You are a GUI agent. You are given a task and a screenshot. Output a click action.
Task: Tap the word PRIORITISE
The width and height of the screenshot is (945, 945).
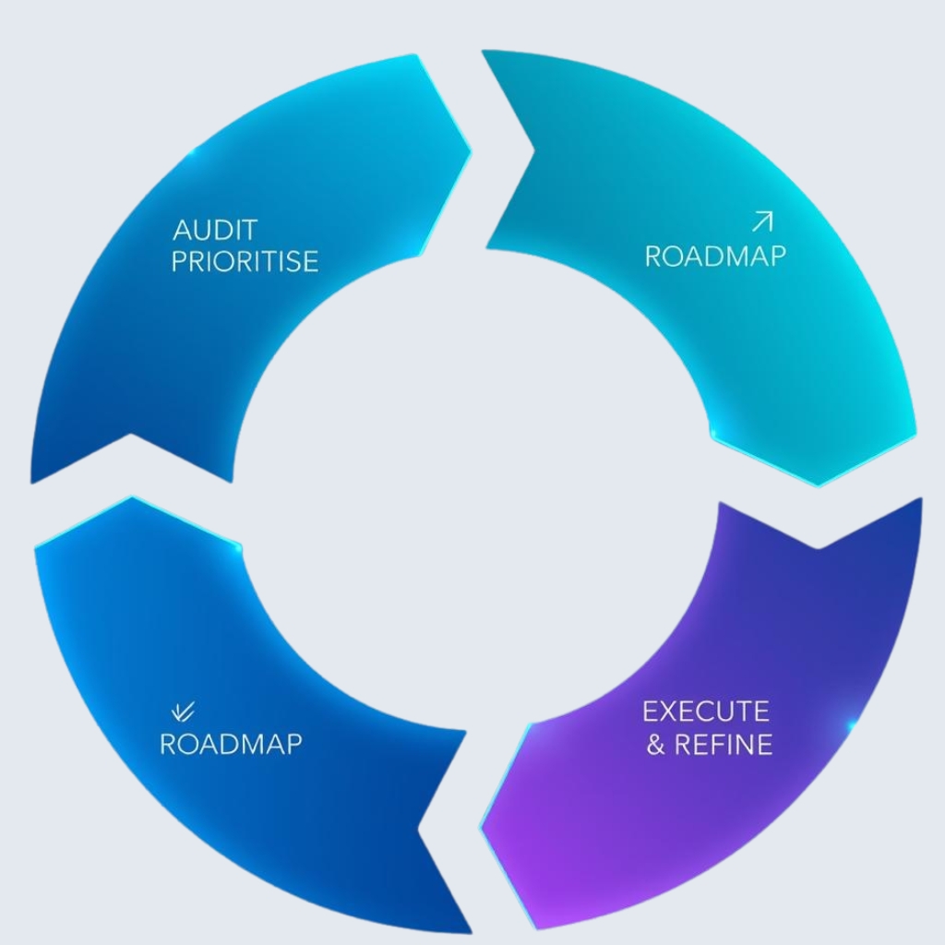pyautogui.click(x=245, y=261)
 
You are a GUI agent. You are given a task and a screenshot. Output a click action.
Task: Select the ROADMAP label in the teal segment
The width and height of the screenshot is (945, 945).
pyautogui.click(x=715, y=256)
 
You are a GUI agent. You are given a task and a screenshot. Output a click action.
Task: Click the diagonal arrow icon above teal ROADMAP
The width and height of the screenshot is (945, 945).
pyautogui.click(x=762, y=221)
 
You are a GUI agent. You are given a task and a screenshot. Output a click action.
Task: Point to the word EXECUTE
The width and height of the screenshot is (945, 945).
pyautogui.click(x=705, y=712)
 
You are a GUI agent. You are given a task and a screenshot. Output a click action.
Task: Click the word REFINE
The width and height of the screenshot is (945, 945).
pyautogui.click(x=724, y=744)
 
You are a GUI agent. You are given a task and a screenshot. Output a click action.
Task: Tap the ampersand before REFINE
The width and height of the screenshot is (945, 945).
pyautogui.click(x=655, y=745)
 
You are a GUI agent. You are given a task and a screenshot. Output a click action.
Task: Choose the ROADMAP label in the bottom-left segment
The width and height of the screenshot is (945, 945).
pyautogui.click(x=231, y=744)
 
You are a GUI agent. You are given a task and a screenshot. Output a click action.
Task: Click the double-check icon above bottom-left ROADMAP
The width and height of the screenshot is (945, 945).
pyautogui.click(x=184, y=710)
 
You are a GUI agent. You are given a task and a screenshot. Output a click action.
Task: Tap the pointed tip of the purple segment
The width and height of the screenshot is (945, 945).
pyautogui.click(x=482, y=826)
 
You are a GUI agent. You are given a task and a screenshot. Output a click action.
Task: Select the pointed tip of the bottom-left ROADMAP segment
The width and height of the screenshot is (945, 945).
pyautogui.click(x=132, y=498)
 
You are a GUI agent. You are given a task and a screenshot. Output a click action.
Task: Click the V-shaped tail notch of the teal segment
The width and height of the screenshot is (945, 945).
pyautogui.click(x=533, y=148)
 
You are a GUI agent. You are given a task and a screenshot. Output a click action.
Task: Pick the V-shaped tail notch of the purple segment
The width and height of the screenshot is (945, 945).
pyautogui.click(x=818, y=547)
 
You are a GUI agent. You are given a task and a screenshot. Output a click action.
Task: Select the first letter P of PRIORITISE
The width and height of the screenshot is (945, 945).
pyautogui.click(x=180, y=261)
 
